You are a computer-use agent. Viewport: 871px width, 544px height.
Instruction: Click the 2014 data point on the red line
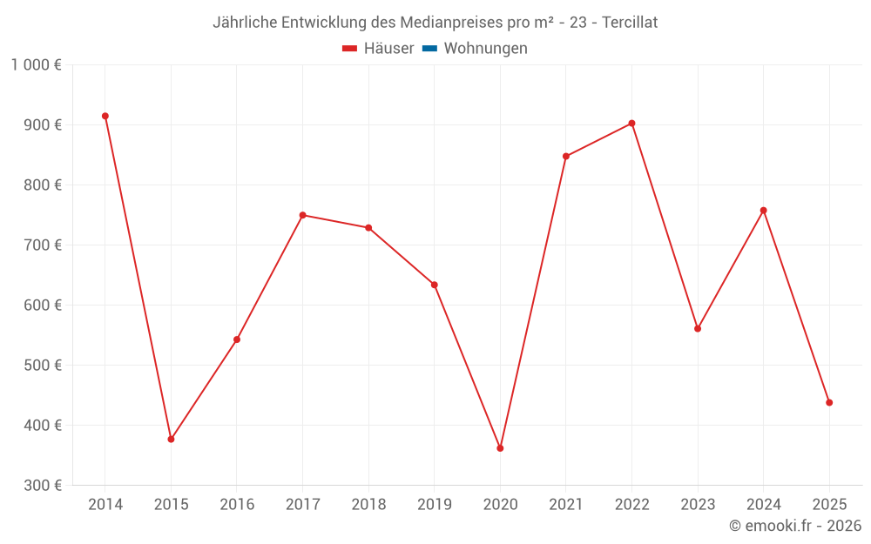pyautogui.click(x=105, y=116)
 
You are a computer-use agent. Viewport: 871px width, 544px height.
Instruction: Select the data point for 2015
pyautogui.click(x=171, y=440)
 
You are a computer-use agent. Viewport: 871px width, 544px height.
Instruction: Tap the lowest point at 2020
pyautogui.click(x=500, y=448)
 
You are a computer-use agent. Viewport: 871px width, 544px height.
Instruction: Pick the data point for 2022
pyautogui.click(x=631, y=124)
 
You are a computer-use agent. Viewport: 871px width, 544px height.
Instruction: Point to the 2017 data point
pyautogui.click(x=302, y=215)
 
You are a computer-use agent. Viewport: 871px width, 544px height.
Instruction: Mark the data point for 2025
pyautogui.click(x=829, y=403)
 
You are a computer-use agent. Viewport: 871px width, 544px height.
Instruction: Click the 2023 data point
pyautogui.click(x=698, y=329)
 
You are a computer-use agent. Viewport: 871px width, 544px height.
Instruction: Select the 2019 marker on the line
pyautogui.click(x=434, y=285)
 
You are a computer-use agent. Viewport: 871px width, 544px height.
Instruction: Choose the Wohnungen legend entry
pyautogui.click(x=485, y=49)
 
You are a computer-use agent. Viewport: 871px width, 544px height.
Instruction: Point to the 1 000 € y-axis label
pyautogui.click(x=36, y=65)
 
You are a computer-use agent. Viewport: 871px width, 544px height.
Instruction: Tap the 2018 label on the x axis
pyautogui.click(x=368, y=505)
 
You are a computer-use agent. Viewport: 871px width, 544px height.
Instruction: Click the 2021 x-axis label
pyautogui.click(x=565, y=505)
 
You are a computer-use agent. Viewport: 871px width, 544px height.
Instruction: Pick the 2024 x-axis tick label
pyautogui.click(x=763, y=505)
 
